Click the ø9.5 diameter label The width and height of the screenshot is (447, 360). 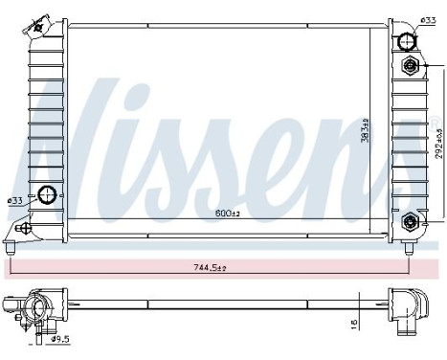(x=59, y=337)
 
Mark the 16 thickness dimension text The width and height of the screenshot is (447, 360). (x=355, y=325)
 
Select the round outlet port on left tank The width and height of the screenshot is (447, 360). (x=45, y=194)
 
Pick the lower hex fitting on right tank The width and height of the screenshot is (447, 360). (x=412, y=221)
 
